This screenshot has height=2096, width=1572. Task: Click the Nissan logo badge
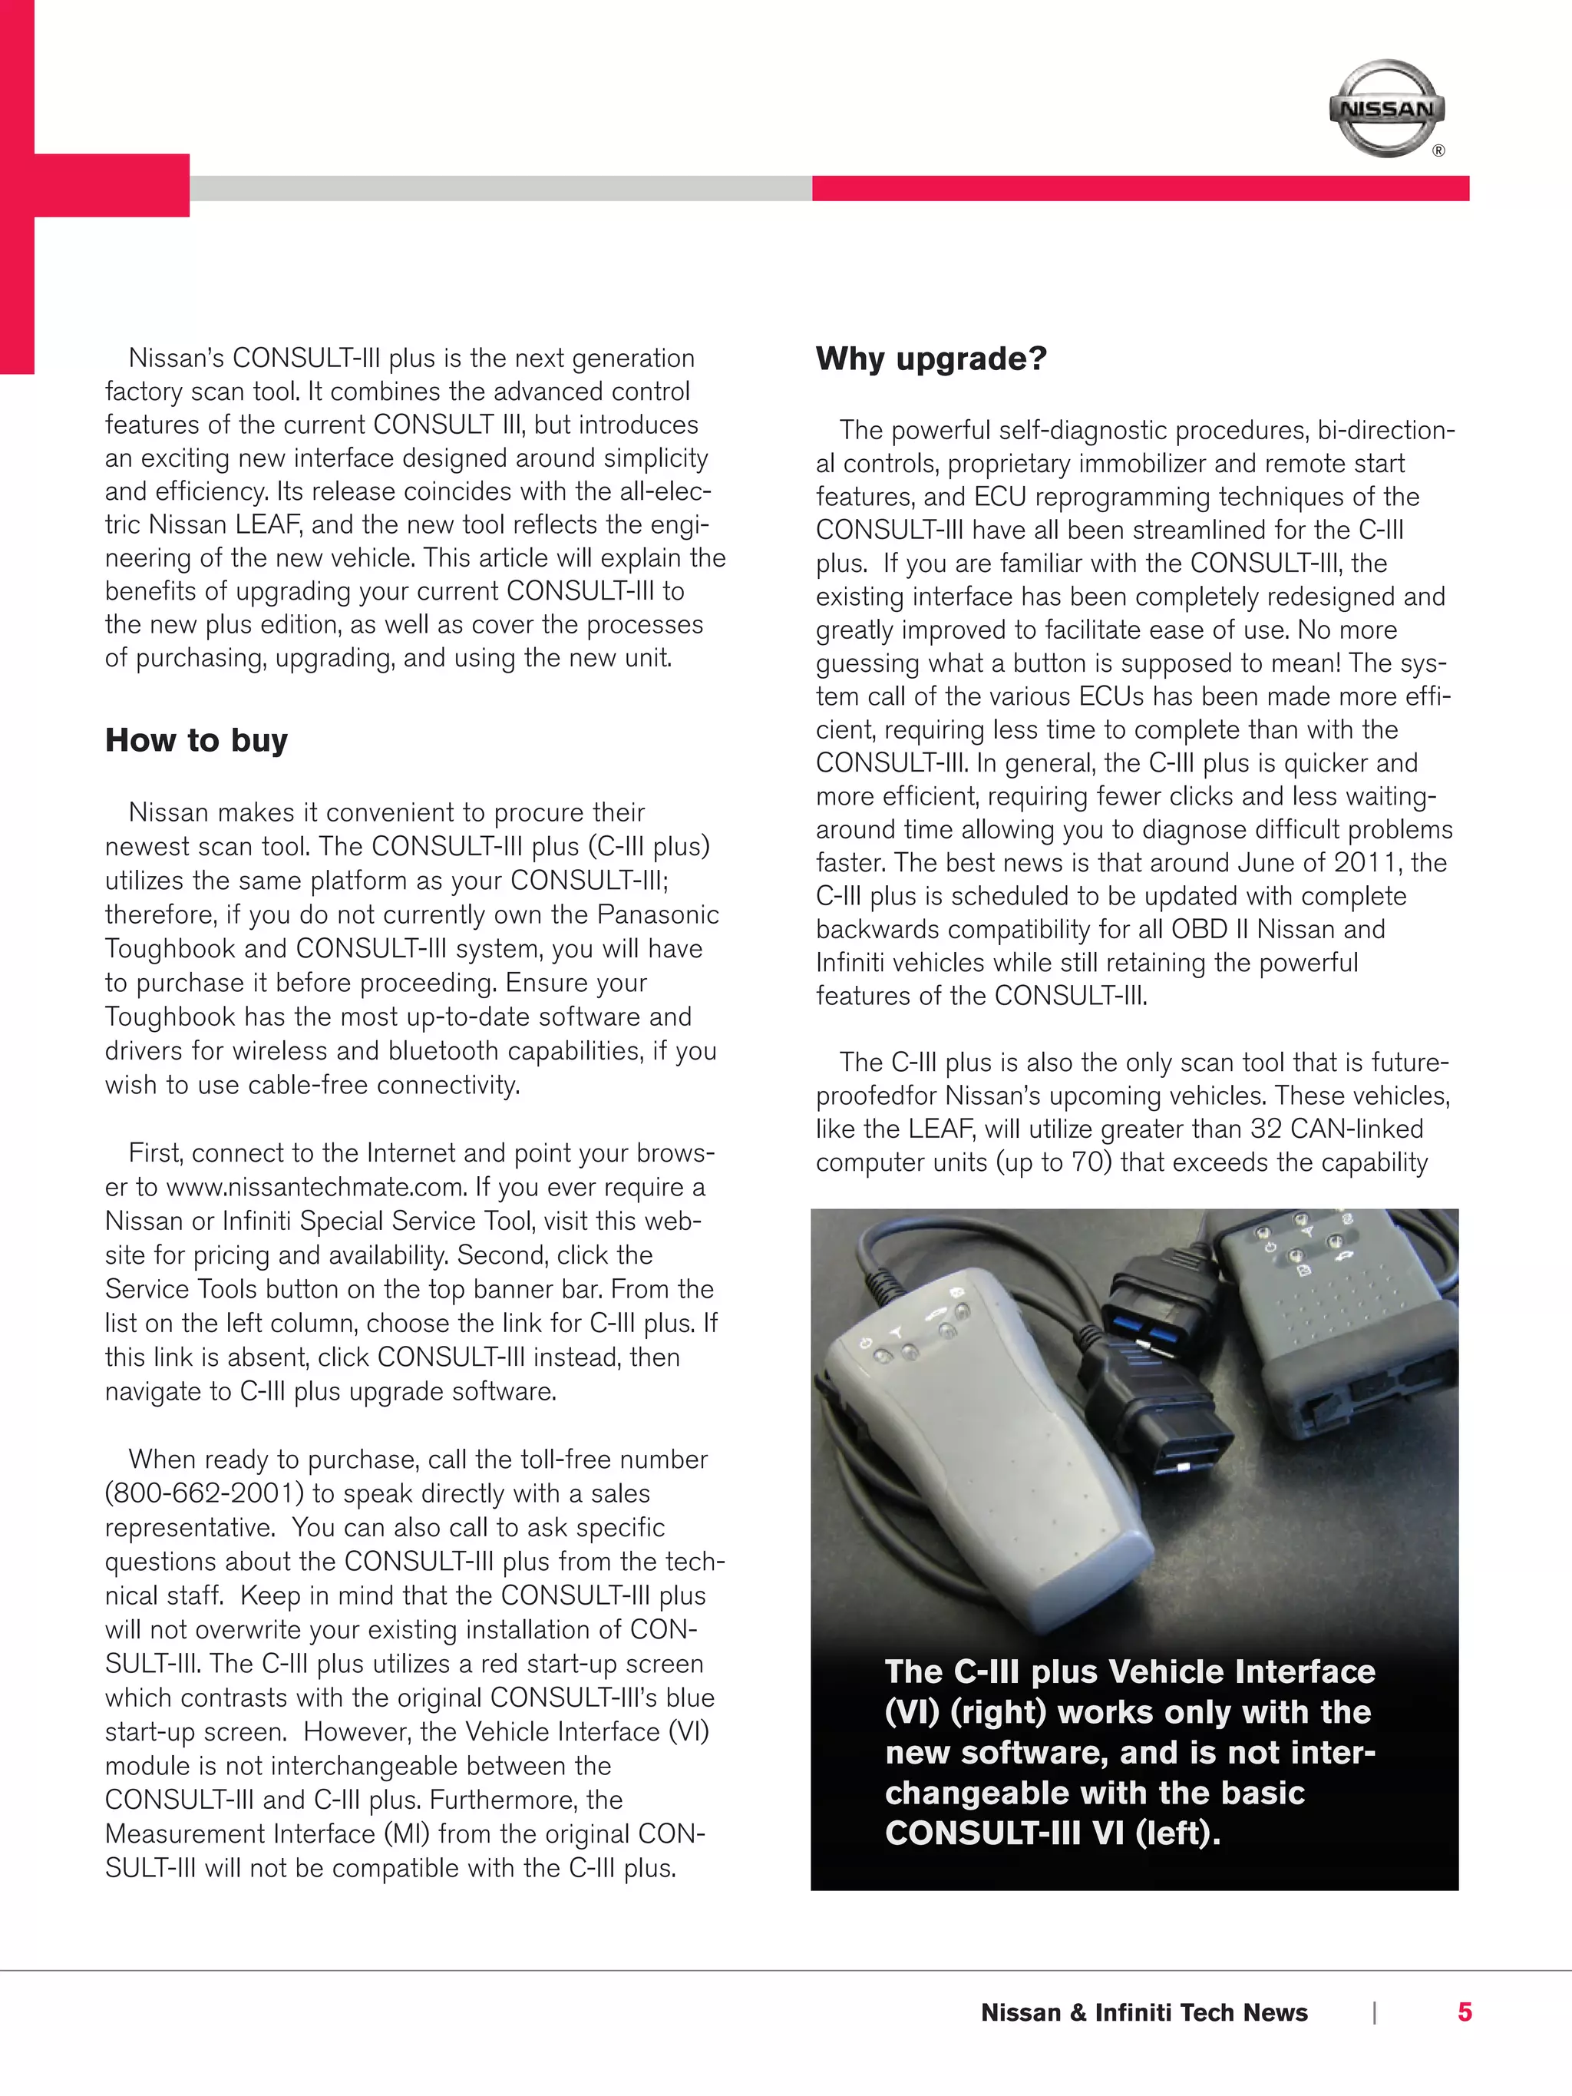click(1386, 109)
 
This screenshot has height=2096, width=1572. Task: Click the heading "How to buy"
click(196, 740)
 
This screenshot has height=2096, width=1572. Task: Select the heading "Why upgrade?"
click(930, 359)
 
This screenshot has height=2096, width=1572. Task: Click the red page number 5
click(1464, 2012)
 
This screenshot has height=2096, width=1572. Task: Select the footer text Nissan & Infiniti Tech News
click(1144, 2012)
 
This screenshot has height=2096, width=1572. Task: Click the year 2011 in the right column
click(1369, 863)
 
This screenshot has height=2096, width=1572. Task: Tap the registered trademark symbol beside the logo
click(1438, 150)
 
